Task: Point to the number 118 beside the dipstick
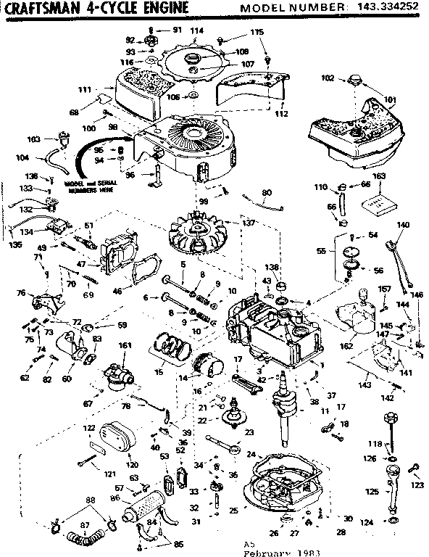coord(373,443)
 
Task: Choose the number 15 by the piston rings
coord(159,371)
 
